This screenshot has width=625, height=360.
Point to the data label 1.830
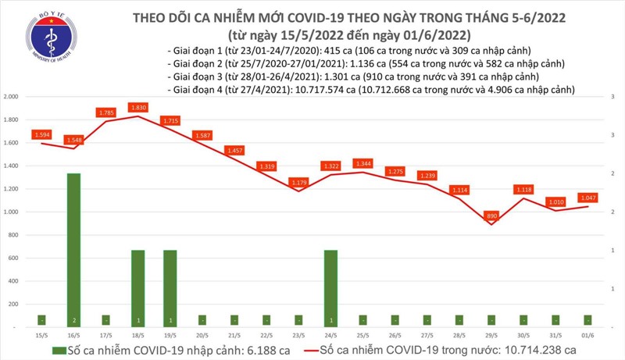[x=138, y=107]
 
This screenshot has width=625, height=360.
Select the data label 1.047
[x=587, y=198]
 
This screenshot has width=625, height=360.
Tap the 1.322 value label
[x=331, y=166]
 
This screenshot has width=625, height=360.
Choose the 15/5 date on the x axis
[x=40, y=336]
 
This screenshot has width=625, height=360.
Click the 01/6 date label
[x=587, y=336]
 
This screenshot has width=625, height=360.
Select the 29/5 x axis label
[x=491, y=336]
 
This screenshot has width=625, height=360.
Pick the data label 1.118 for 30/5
[x=523, y=189]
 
